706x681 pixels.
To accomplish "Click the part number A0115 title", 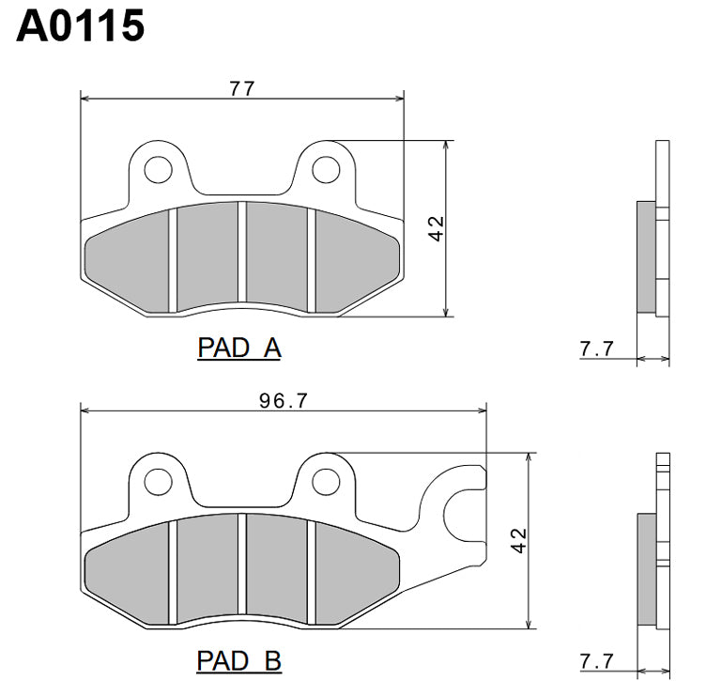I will [x=81, y=26].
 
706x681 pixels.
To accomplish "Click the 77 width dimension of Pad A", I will [x=242, y=88].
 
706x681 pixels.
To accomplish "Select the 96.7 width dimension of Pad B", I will [x=283, y=400].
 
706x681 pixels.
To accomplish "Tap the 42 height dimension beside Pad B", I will [x=518, y=540].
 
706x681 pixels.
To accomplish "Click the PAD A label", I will [x=239, y=348].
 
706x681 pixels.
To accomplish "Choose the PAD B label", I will [x=239, y=660].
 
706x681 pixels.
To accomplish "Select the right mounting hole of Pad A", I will [x=326, y=169].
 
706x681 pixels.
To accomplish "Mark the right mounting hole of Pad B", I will [x=326, y=481].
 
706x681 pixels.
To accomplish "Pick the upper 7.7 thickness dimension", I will [x=597, y=349].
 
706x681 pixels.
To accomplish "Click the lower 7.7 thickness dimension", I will [x=597, y=661].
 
